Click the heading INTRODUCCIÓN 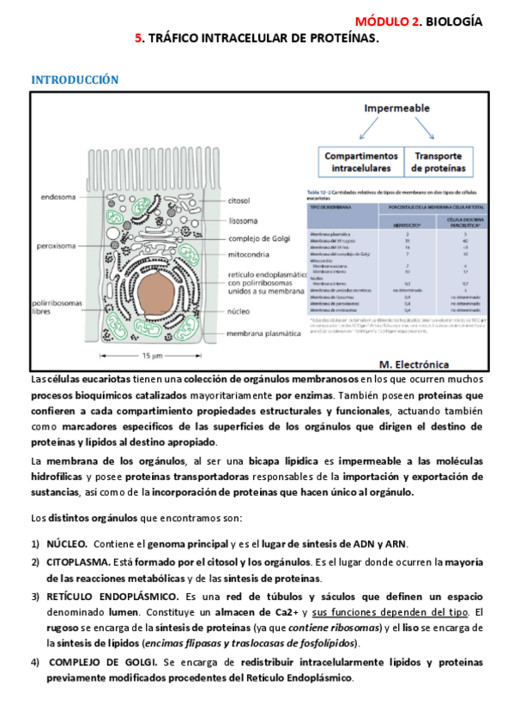pos(75,80)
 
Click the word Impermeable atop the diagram pos(398,110)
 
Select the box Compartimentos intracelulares pos(360,163)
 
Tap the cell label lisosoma pos(243,219)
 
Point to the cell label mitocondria pos(251,255)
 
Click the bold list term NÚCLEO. pos(66,544)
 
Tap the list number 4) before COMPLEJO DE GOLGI pos(35,662)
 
